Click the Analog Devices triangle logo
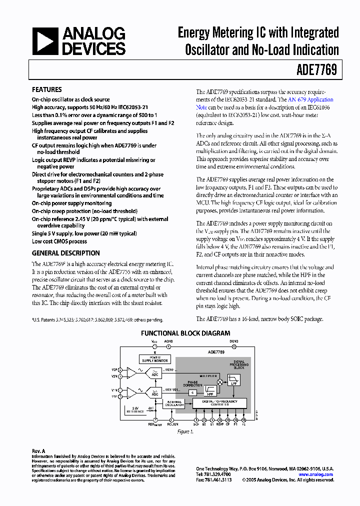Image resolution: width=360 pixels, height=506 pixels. (45, 41)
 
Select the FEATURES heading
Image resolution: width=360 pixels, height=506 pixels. (47, 89)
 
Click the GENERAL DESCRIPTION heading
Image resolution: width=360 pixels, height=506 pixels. (66, 253)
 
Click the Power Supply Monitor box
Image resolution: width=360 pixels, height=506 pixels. (154, 359)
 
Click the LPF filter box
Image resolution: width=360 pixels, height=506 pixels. (233, 380)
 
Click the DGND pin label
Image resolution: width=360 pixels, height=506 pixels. (234, 341)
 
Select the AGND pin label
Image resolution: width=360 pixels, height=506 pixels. (168, 341)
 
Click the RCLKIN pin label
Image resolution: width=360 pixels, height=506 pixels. (172, 424)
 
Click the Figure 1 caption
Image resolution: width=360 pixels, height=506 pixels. (185, 431)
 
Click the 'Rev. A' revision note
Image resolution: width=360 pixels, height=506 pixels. (38, 451)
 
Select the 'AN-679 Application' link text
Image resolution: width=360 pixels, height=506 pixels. (310, 99)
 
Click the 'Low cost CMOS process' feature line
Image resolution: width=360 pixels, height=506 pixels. (59, 241)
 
